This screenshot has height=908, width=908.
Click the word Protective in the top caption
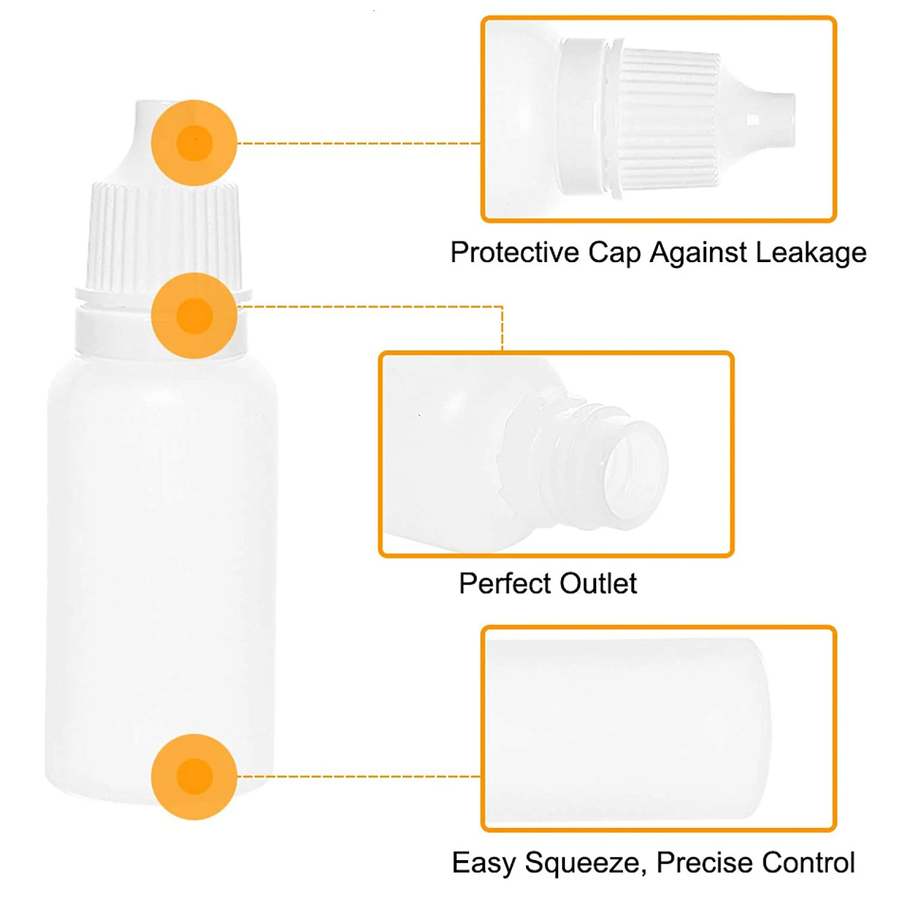[x=515, y=253]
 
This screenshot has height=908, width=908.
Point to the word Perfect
[x=505, y=584]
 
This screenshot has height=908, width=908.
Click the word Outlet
[x=598, y=584]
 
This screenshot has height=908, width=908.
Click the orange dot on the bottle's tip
[x=194, y=143]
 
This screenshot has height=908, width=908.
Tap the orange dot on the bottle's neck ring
[x=194, y=315]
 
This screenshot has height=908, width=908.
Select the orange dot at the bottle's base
[x=194, y=777]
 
